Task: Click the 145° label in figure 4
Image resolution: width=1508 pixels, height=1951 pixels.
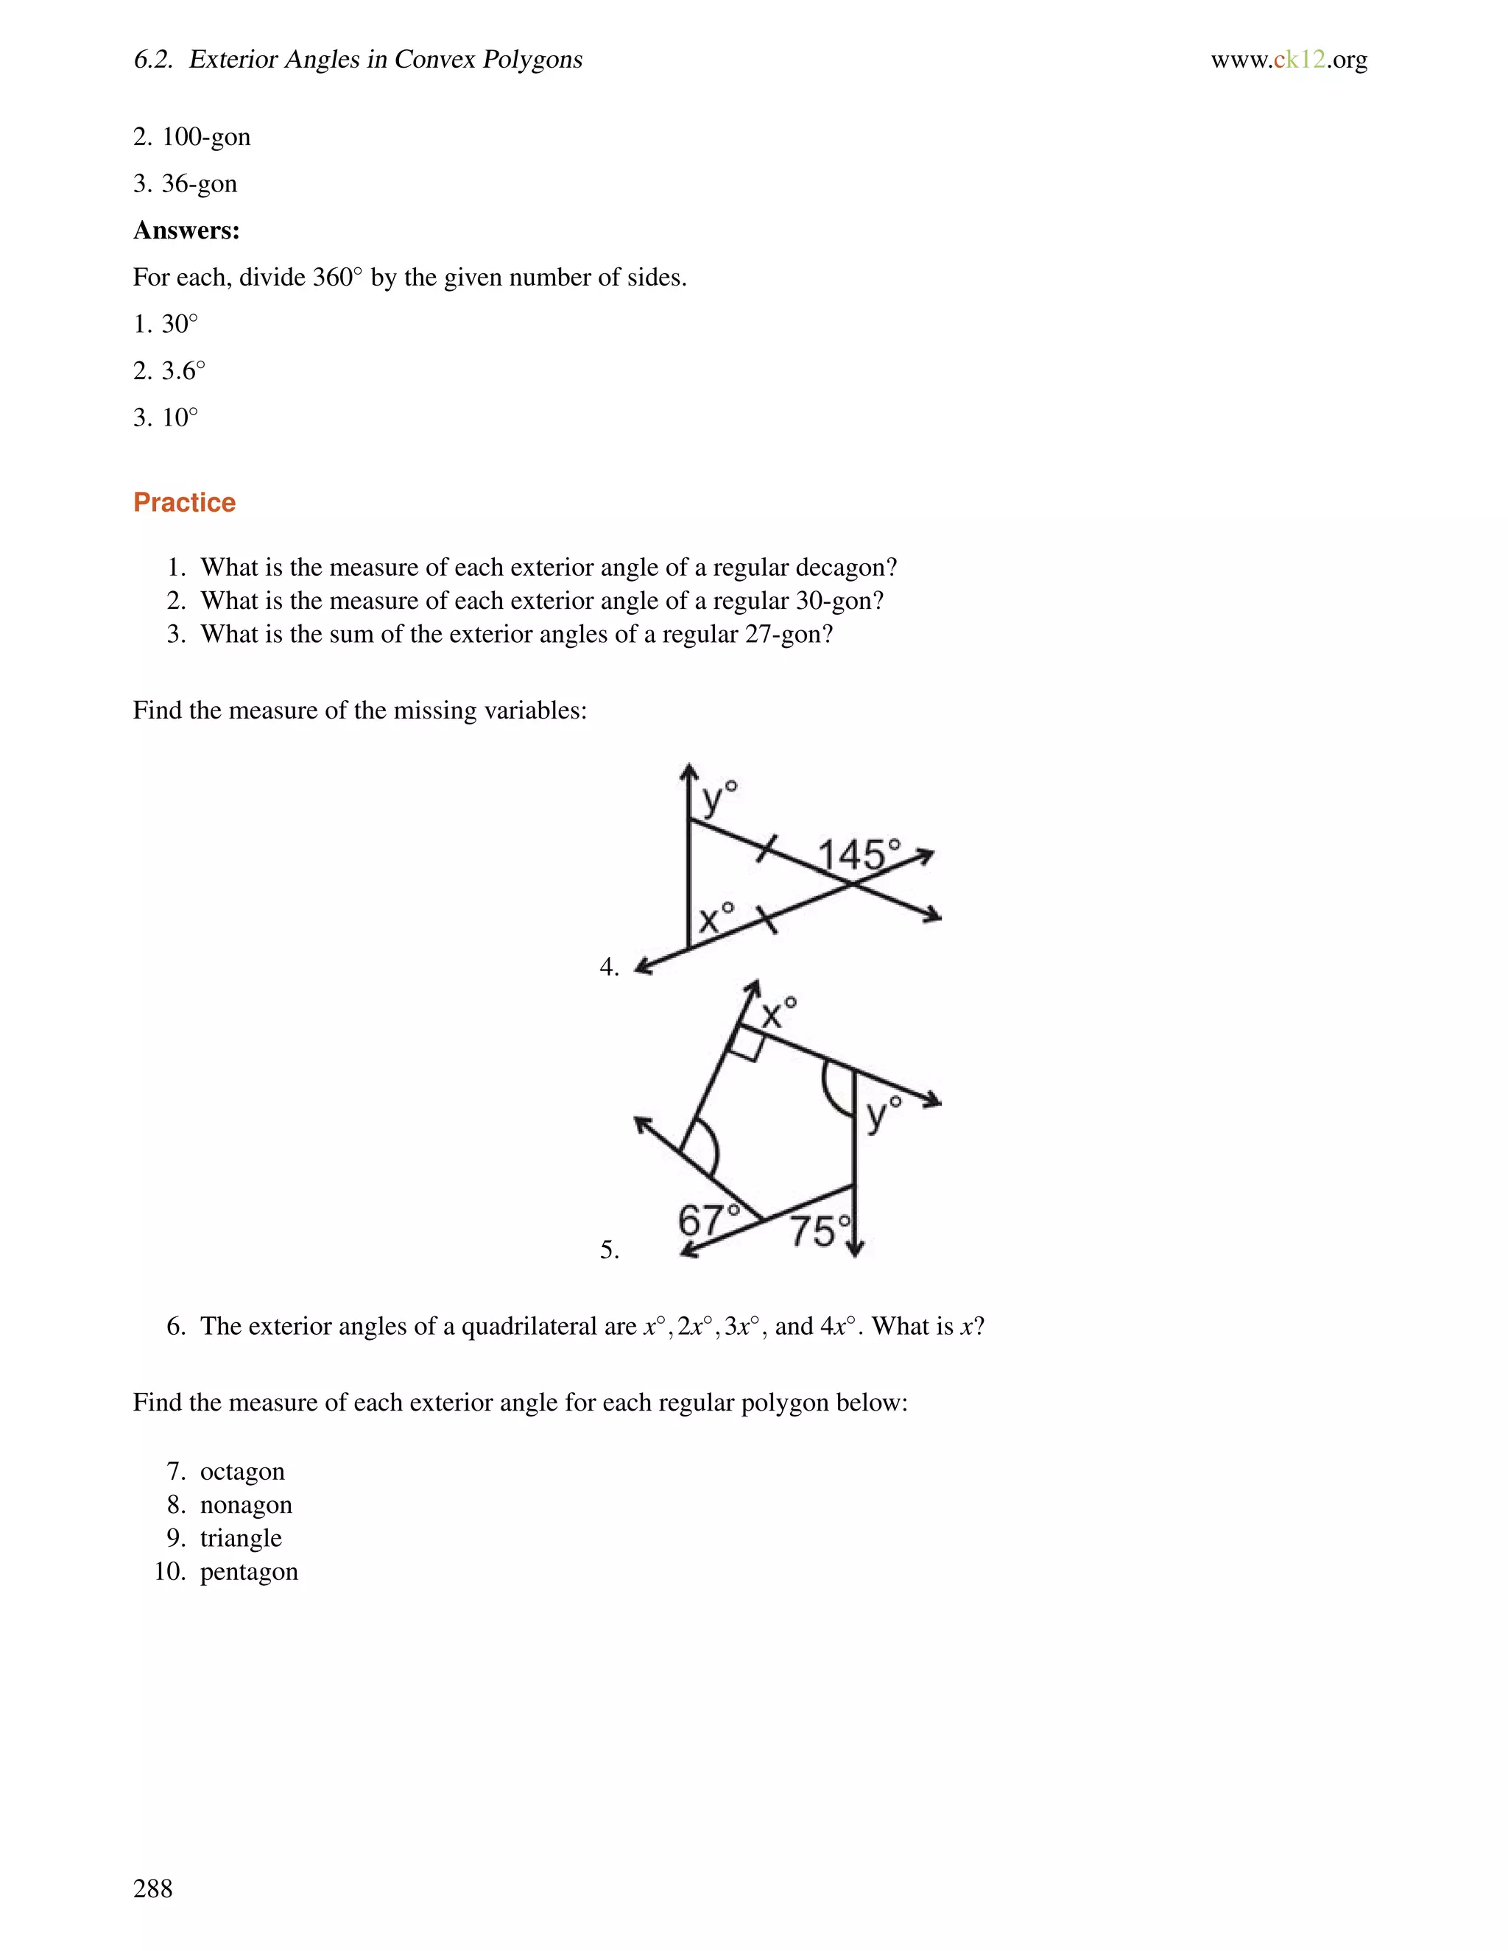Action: coord(858,855)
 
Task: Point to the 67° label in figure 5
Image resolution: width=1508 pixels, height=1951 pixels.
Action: coord(708,1219)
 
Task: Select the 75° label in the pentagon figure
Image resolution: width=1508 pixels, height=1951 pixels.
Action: coord(820,1232)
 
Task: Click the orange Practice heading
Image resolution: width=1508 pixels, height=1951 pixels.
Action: coord(184,503)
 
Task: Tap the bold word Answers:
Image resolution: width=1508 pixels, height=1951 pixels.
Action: coord(186,230)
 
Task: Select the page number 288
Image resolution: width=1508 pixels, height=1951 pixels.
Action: coord(152,1888)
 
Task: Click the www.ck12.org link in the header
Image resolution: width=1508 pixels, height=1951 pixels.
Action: coord(1289,60)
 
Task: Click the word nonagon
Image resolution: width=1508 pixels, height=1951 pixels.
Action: coord(246,1506)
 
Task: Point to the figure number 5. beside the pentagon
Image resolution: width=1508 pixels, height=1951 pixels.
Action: coord(609,1250)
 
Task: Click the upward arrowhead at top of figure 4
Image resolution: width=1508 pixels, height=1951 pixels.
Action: coord(688,771)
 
